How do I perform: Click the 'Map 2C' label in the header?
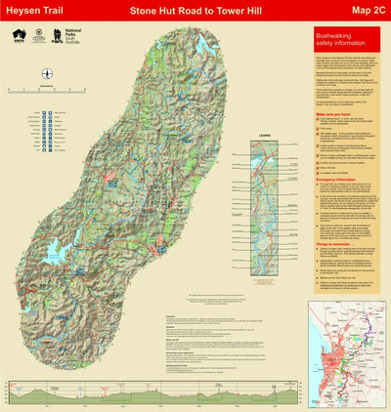tap(360, 11)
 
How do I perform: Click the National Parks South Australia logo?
tap(72, 36)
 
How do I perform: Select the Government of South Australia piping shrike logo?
tap(20, 35)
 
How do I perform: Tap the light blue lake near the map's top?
tap(203, 45)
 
